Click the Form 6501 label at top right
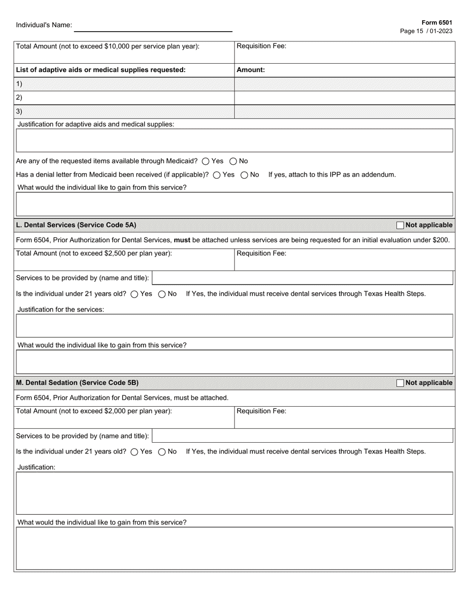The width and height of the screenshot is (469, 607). pyautogui.click(x=436, y=23)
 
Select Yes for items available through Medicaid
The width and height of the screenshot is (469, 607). pyautogui.click(x=206, y=161)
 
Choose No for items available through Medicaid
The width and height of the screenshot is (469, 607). pyautogui.click(x=234, y=161)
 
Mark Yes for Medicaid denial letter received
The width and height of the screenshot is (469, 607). pyautogui.click(x=217, y=175)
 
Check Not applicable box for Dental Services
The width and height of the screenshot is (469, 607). pyautogui.click(x=400, y=225)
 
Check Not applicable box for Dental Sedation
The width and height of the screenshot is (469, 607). pyautogui.click(x=400, y=383)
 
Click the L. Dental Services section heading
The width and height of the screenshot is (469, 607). pyautogui.click(x=76, y=225)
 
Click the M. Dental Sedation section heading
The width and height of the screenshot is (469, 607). pyautogui.click(x=77, y=383)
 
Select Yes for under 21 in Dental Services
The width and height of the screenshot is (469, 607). pyautogui.click(x=134, y=294)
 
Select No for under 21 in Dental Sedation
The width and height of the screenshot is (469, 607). pyautogui.click(x=162, y=452)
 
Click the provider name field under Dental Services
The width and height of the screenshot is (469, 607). pyautogui.click(x=302, y=278)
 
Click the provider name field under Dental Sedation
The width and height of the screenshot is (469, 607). pyautogui.click(x=302, y=436)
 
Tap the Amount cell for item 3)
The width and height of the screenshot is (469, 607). pyautogui.click(x=344, y=112)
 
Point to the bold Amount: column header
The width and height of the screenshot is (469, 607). pyautogui.click(x=251, y=70)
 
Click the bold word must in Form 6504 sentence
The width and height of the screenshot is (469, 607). pyautogui.click(x=182, y=240)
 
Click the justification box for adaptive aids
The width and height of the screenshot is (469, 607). pyautogui.click(x=234, y=141)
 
